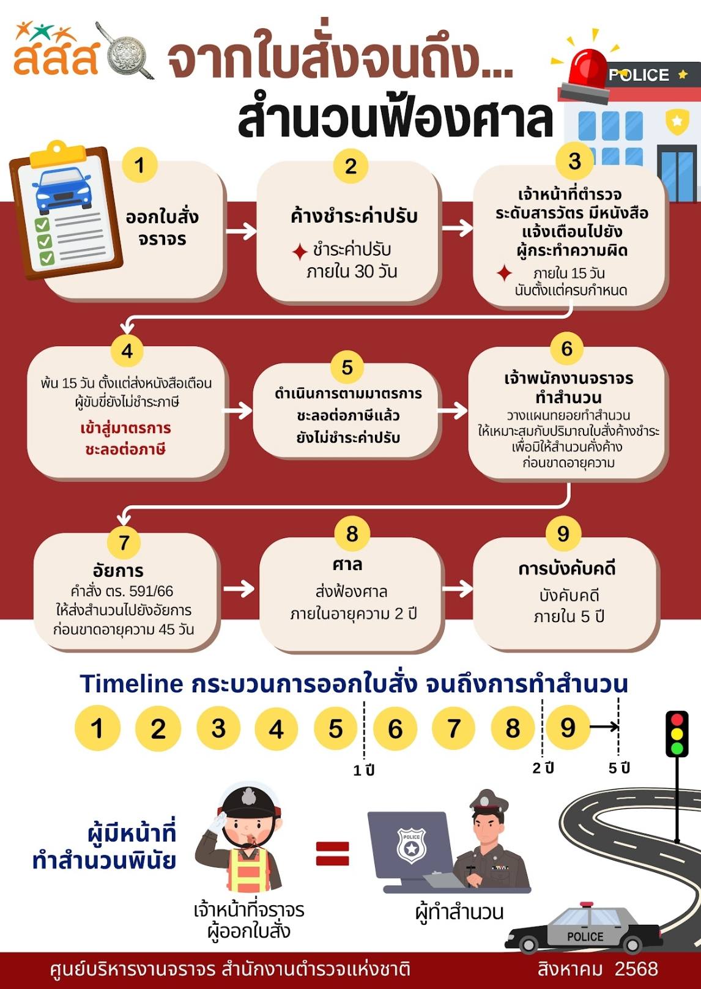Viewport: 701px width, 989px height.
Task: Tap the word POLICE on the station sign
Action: coord(639,75)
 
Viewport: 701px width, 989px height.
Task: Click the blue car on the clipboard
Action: coord(64,190)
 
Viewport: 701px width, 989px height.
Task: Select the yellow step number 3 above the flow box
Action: coord(574,161)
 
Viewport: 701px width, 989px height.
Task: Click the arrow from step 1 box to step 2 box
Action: coord(241,231)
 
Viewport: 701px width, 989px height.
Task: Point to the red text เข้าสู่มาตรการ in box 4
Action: coord(125,428)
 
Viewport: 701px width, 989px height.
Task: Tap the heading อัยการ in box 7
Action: coord(118,571)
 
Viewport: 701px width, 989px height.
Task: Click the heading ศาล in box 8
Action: coord(347,564)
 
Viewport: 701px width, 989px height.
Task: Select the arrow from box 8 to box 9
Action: coord(458,588)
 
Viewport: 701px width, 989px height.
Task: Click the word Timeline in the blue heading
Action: coord(132,684)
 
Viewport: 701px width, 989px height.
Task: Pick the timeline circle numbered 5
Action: coord(335,728)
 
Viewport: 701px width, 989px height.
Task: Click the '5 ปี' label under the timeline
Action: coord(619,768)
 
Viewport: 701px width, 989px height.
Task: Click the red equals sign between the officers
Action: coord(333,854)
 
